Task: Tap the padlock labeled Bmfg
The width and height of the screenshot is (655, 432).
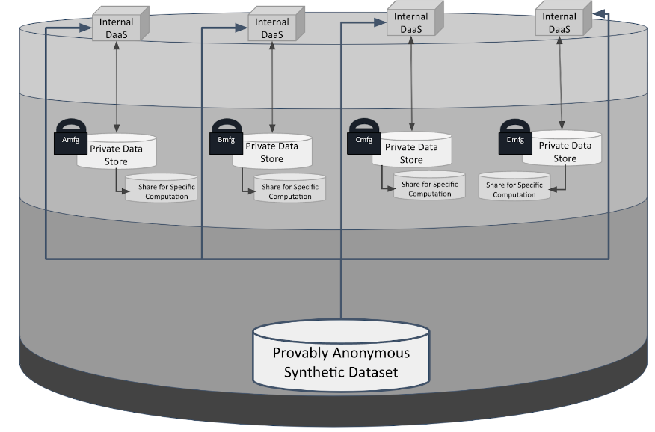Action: [226, 138]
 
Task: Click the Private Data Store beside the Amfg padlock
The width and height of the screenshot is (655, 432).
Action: [117, 153]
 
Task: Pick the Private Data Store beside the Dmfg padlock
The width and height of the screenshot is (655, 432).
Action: [565, 152]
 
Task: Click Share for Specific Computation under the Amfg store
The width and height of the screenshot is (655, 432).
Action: [161, 191]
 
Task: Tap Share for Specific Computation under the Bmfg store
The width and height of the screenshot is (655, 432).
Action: [290, 191]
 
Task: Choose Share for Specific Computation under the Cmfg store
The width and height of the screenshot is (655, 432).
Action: [430, 188]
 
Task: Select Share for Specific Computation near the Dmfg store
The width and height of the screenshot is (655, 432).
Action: [514, 189]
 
